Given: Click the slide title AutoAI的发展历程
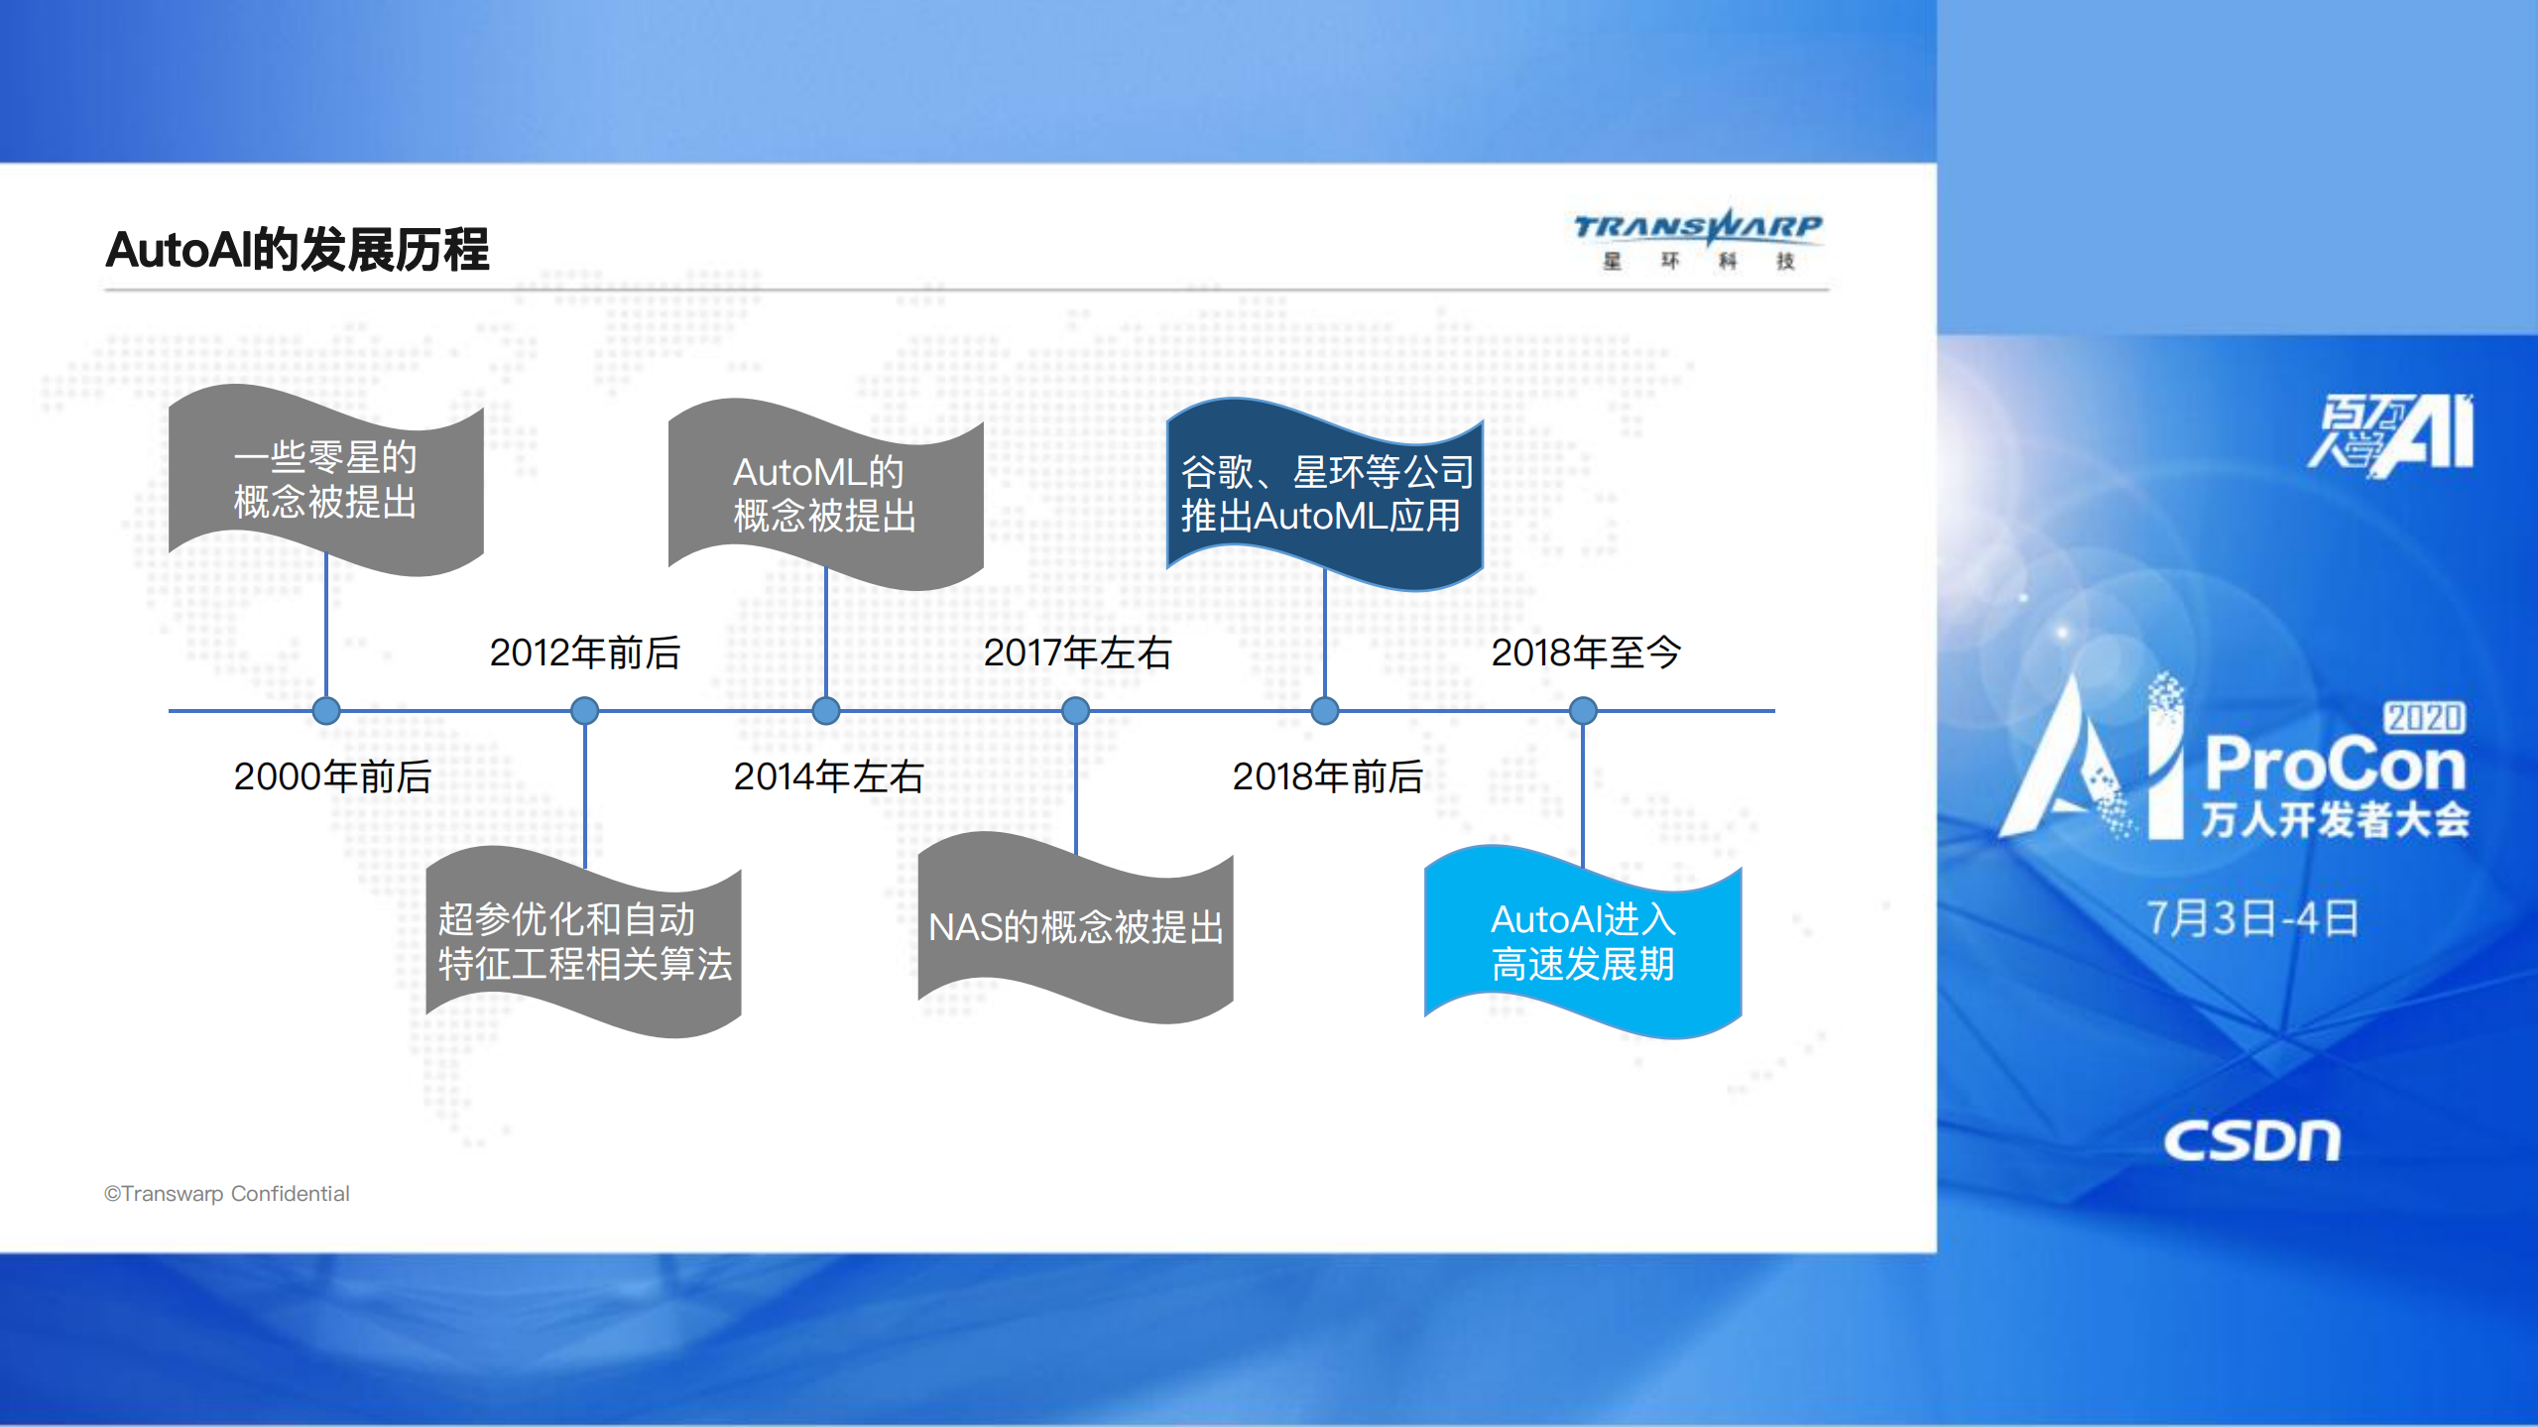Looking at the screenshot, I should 297,250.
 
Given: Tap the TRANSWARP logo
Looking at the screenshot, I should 1697,238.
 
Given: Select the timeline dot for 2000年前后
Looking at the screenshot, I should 326,711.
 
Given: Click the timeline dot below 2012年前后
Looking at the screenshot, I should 585,711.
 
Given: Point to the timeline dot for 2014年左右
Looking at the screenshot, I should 826,711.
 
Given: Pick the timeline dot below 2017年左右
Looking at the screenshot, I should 1075,711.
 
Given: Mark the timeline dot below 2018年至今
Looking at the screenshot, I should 1583,711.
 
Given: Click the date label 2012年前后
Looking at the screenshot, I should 585,653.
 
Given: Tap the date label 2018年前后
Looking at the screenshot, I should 1327,776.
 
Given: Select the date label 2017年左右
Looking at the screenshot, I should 1077,653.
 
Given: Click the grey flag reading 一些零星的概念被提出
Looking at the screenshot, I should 325,480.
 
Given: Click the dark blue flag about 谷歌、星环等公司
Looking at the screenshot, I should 1325,494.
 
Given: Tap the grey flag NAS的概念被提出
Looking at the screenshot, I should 1075,928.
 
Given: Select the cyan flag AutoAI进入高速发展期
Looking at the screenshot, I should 1583,942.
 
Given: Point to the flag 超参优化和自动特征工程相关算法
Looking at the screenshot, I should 584,942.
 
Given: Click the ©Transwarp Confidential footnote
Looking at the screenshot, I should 227,1194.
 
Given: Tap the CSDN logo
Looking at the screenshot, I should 2251,1140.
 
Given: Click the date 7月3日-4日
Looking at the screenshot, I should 2252,918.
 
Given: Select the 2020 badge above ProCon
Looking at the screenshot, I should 2424,717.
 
